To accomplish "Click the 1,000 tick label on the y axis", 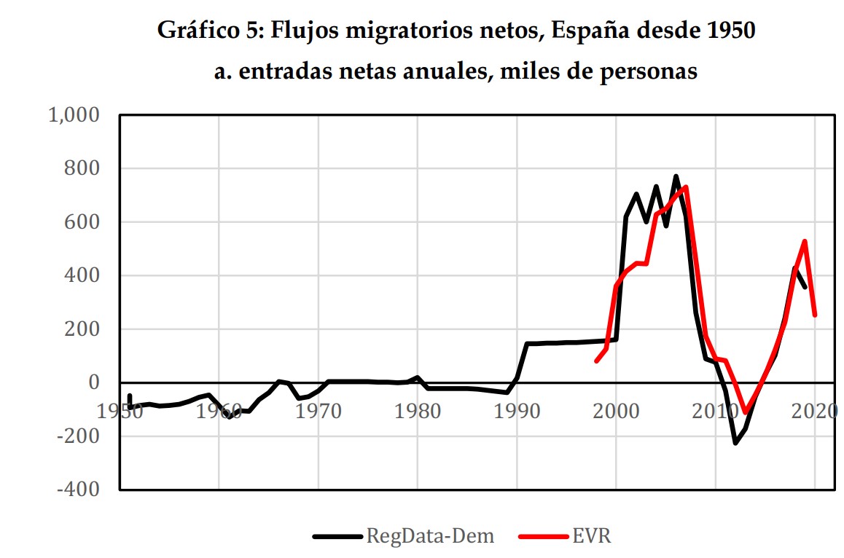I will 77,115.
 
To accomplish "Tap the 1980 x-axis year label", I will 417,412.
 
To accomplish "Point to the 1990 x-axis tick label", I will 517,412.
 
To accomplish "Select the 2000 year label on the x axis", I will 617,412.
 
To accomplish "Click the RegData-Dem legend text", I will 430,537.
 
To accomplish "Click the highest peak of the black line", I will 676,176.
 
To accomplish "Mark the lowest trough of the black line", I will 735,443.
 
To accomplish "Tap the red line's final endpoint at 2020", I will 815,315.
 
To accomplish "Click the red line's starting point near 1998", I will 596,361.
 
